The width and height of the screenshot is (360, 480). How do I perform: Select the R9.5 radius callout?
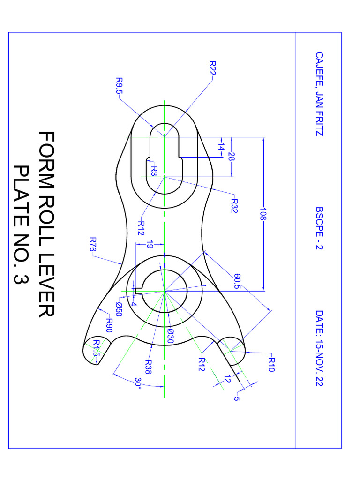pyautogui.click(x=118, y=85)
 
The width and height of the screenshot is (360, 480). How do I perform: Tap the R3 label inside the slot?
pyautogui.click(x=154, y=171)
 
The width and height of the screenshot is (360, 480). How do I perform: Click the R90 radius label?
pyautogui.click(x=109, y=324)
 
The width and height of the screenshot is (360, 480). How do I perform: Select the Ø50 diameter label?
pyautogui.click(x=119, y=309)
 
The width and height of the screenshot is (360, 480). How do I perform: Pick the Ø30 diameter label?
pyautogui.click(x=170, y=336)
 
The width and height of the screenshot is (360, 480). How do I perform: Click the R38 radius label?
pyautogui.click(x=148, y=366)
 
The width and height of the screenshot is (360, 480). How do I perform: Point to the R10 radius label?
pyautogui.click(x=271, y=364)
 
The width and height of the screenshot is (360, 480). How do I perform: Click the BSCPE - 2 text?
pyautogui.click(x=319, y=228)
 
